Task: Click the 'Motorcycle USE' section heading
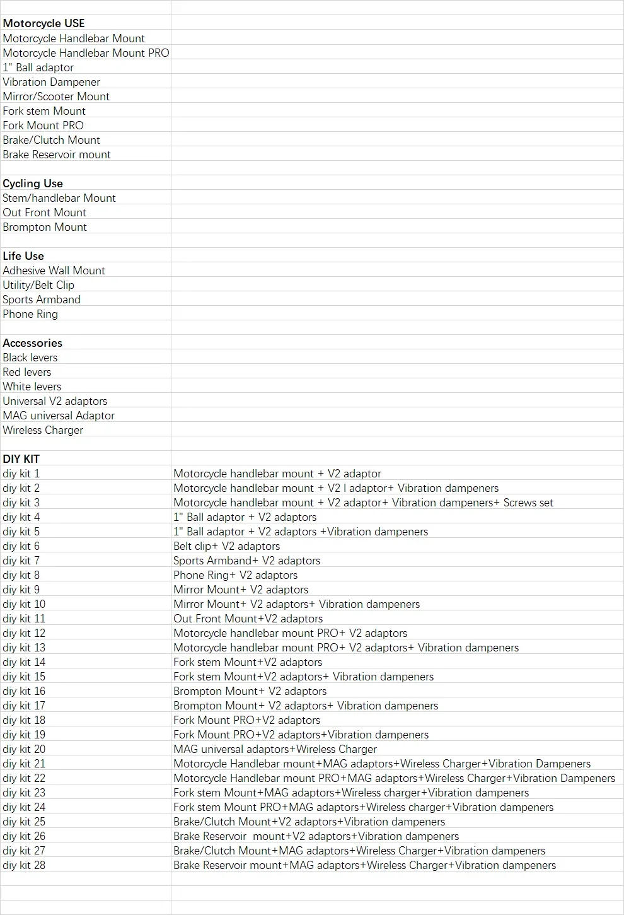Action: [x=43, y=24]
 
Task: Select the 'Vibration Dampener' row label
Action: [x=51, y=82]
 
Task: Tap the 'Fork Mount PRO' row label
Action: [x=43, y=125]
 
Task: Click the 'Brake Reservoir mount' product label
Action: [x=57, y=154]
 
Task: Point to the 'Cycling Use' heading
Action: [x=33, y=184]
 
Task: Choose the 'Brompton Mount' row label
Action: [x=45, y=227]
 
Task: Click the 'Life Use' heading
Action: [x=23, y=256]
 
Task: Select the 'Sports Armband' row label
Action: [x=42, y=300]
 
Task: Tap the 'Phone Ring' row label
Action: [x=30, y=314]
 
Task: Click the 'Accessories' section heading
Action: [x=33, y=343]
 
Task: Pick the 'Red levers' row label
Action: [x=27, y=372]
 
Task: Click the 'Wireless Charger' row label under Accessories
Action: [x=43, y=430]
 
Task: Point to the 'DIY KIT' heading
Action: [x=21, y=459]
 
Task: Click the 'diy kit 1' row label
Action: [x=21, y=474]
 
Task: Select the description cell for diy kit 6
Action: [x=227, y=546]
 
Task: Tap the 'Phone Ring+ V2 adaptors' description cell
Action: [x=236, y=575]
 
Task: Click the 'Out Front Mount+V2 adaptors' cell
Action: [x=248, y=619]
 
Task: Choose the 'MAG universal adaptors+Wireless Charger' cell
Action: [x=275, y=749]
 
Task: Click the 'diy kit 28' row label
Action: [x=24, y=865]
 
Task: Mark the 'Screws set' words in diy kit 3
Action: [x=528, y=503]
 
